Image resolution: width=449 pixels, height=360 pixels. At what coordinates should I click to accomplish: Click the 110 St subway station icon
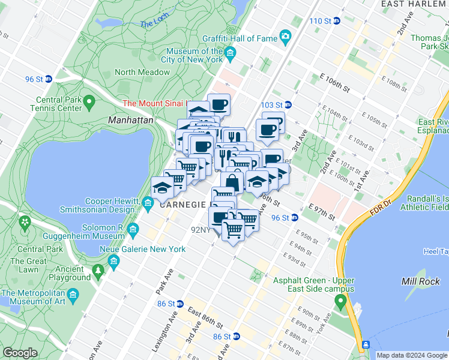point(337,21)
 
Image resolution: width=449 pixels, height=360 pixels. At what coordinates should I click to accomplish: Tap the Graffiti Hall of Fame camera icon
point(286,38)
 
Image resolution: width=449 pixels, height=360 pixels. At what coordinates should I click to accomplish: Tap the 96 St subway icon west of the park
point(49,79)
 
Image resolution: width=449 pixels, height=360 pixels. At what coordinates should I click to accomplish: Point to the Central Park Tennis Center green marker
point(89,100)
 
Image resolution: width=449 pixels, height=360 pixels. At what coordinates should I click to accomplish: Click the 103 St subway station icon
point(288,104)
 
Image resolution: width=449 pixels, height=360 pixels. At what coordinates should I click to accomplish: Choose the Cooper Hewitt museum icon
point(148,205)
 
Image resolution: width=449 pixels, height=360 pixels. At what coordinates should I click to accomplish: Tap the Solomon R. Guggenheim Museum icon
point(133,230)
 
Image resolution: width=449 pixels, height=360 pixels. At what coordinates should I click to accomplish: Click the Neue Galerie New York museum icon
point(113,260)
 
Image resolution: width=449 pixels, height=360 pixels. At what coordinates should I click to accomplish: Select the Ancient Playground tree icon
point(98,273)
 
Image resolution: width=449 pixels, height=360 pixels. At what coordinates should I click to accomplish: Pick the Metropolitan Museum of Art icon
point(73,297)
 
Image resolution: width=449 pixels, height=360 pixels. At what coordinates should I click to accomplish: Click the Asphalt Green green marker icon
point(341,301)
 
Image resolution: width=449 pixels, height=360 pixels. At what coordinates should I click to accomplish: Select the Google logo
point(20,353)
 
